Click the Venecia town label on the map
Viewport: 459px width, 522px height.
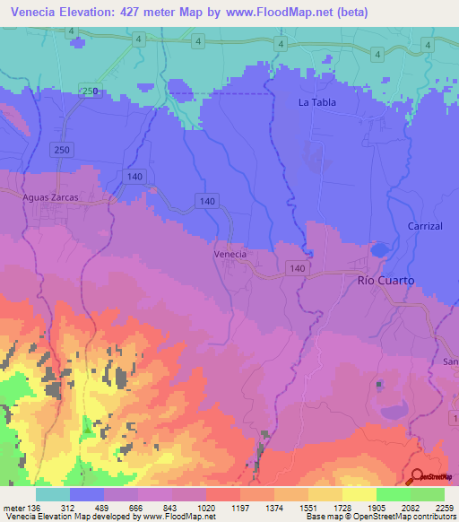pos(230,255)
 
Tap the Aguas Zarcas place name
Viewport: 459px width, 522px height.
pos(51,196)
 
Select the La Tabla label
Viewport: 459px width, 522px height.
pos(317,102)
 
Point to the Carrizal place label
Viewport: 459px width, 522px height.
pos(425,226)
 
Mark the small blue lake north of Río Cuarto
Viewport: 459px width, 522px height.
pos(380,251)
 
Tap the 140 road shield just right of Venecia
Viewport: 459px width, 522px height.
pos(297,268)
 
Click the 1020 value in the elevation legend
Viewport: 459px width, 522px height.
pos(206,508)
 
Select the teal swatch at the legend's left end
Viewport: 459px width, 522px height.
pos(53,494)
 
